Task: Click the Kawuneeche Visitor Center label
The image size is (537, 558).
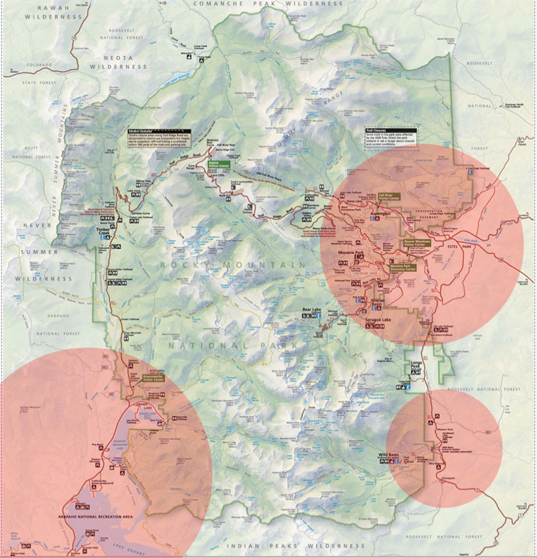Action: point(155,378)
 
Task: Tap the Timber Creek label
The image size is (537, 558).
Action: point(104,230)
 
